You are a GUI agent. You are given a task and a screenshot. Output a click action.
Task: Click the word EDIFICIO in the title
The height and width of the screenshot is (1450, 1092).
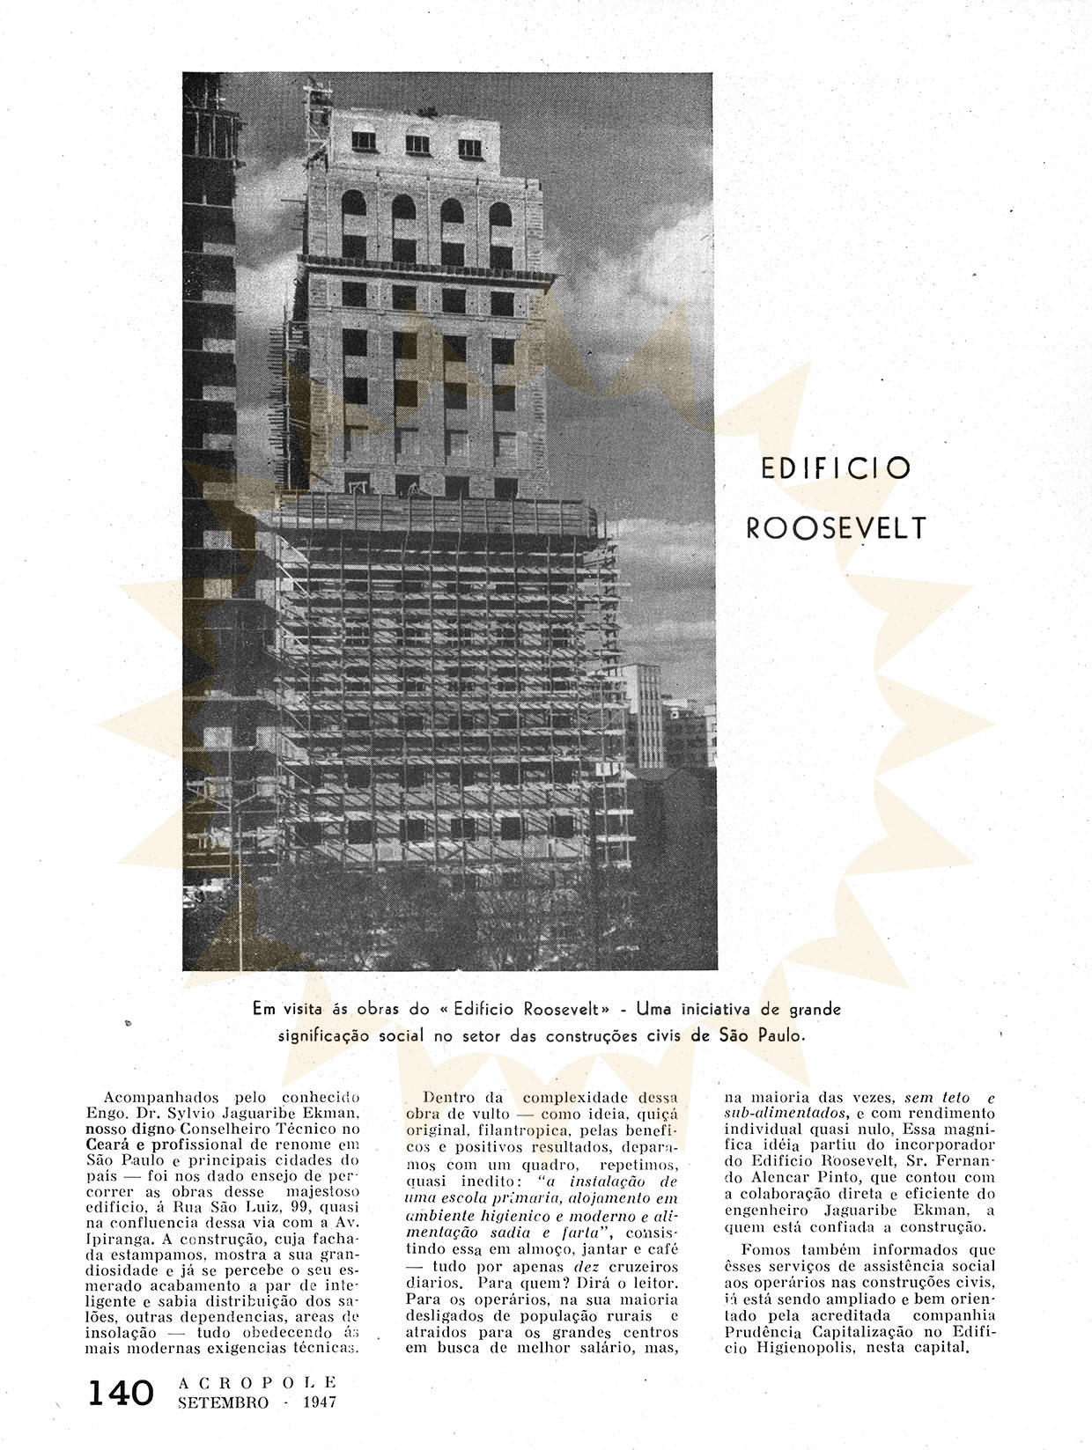pyautogui.click(x=834, y=467)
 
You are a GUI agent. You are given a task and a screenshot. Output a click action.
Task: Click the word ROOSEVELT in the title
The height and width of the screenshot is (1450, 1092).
pyautogui.click(x=836, y=527)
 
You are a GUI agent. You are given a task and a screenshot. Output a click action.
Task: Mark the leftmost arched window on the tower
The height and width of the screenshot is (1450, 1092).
pyautogui.click(x=353, y=204)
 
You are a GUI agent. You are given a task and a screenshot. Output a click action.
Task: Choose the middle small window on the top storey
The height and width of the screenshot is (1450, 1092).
pyautogui.click(x=417, y=144)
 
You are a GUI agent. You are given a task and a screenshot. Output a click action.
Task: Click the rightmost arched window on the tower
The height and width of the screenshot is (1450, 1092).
pyautogui.click(x=500, y=214)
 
